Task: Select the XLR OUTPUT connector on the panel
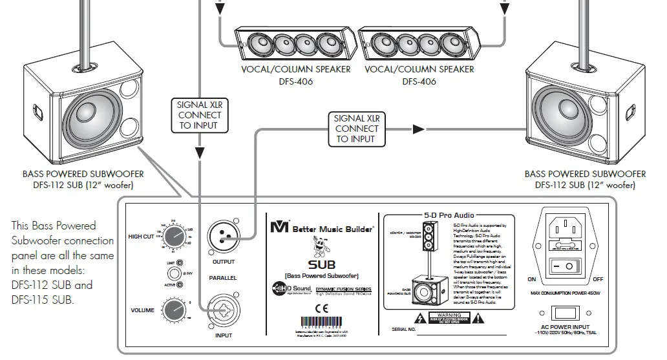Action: click(x=222, y=237)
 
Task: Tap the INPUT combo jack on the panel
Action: click(x=222, y=312)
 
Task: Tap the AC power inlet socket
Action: click(x=570, y=228)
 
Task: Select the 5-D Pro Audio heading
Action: click(x=449, y=215)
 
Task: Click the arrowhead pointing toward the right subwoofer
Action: click(x=419, y=129)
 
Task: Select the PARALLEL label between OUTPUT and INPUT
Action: click(x=222, y=277)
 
